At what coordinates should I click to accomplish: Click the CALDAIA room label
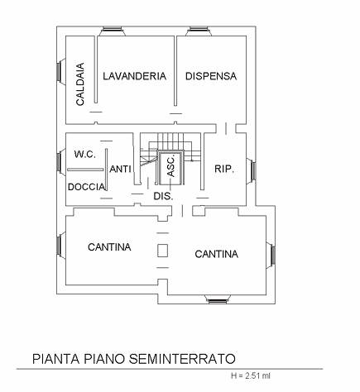80,84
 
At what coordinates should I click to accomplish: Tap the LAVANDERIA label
135,76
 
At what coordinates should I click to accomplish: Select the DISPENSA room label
211,76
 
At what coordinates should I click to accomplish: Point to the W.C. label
85,154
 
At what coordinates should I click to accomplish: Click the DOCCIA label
86,187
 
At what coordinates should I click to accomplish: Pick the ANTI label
120,169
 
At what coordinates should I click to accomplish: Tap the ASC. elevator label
171,167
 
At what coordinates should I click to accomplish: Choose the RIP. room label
224,169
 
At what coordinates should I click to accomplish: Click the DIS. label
163,196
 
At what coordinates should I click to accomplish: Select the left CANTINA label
109,247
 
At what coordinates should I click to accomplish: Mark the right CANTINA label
217,254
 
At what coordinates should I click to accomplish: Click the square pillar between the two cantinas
163,251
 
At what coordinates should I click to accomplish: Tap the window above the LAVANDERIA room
113,31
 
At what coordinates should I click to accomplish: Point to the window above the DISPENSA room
199,31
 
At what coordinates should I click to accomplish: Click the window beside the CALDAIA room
61,70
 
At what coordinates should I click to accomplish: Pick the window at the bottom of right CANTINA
217,299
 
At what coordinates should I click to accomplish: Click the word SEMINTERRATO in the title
182,359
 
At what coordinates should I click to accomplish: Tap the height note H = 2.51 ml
251,375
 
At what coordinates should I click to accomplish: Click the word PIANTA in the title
56,359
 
